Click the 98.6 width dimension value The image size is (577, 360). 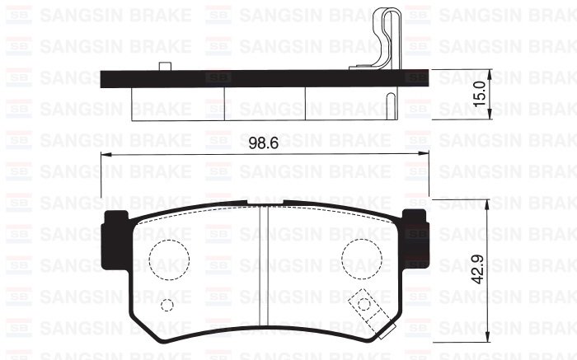263,142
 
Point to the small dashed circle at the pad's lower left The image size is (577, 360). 167,306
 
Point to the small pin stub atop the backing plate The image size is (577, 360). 164,67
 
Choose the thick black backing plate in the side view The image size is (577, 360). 263,80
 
